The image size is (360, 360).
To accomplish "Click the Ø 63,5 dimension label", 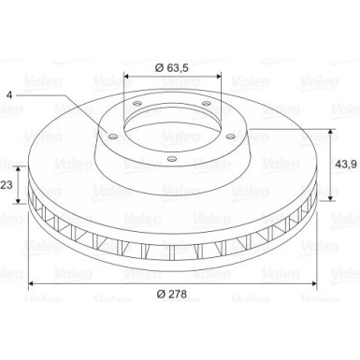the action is coord(172,67).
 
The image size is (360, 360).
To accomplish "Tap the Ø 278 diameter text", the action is coord(172,294).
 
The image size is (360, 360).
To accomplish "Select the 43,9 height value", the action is coord(346,164).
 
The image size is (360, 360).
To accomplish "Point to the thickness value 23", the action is coord(7,185).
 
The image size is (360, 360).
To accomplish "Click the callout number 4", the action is coord(9,95).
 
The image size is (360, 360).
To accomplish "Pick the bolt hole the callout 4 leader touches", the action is coord(112,137).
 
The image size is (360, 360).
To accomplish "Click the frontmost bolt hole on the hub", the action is coord(172,159).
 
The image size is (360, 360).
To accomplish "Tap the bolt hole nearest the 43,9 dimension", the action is coord(230,137).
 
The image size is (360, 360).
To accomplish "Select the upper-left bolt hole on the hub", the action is coord(137,104).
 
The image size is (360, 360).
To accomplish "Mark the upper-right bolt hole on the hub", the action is coord(206,103).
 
